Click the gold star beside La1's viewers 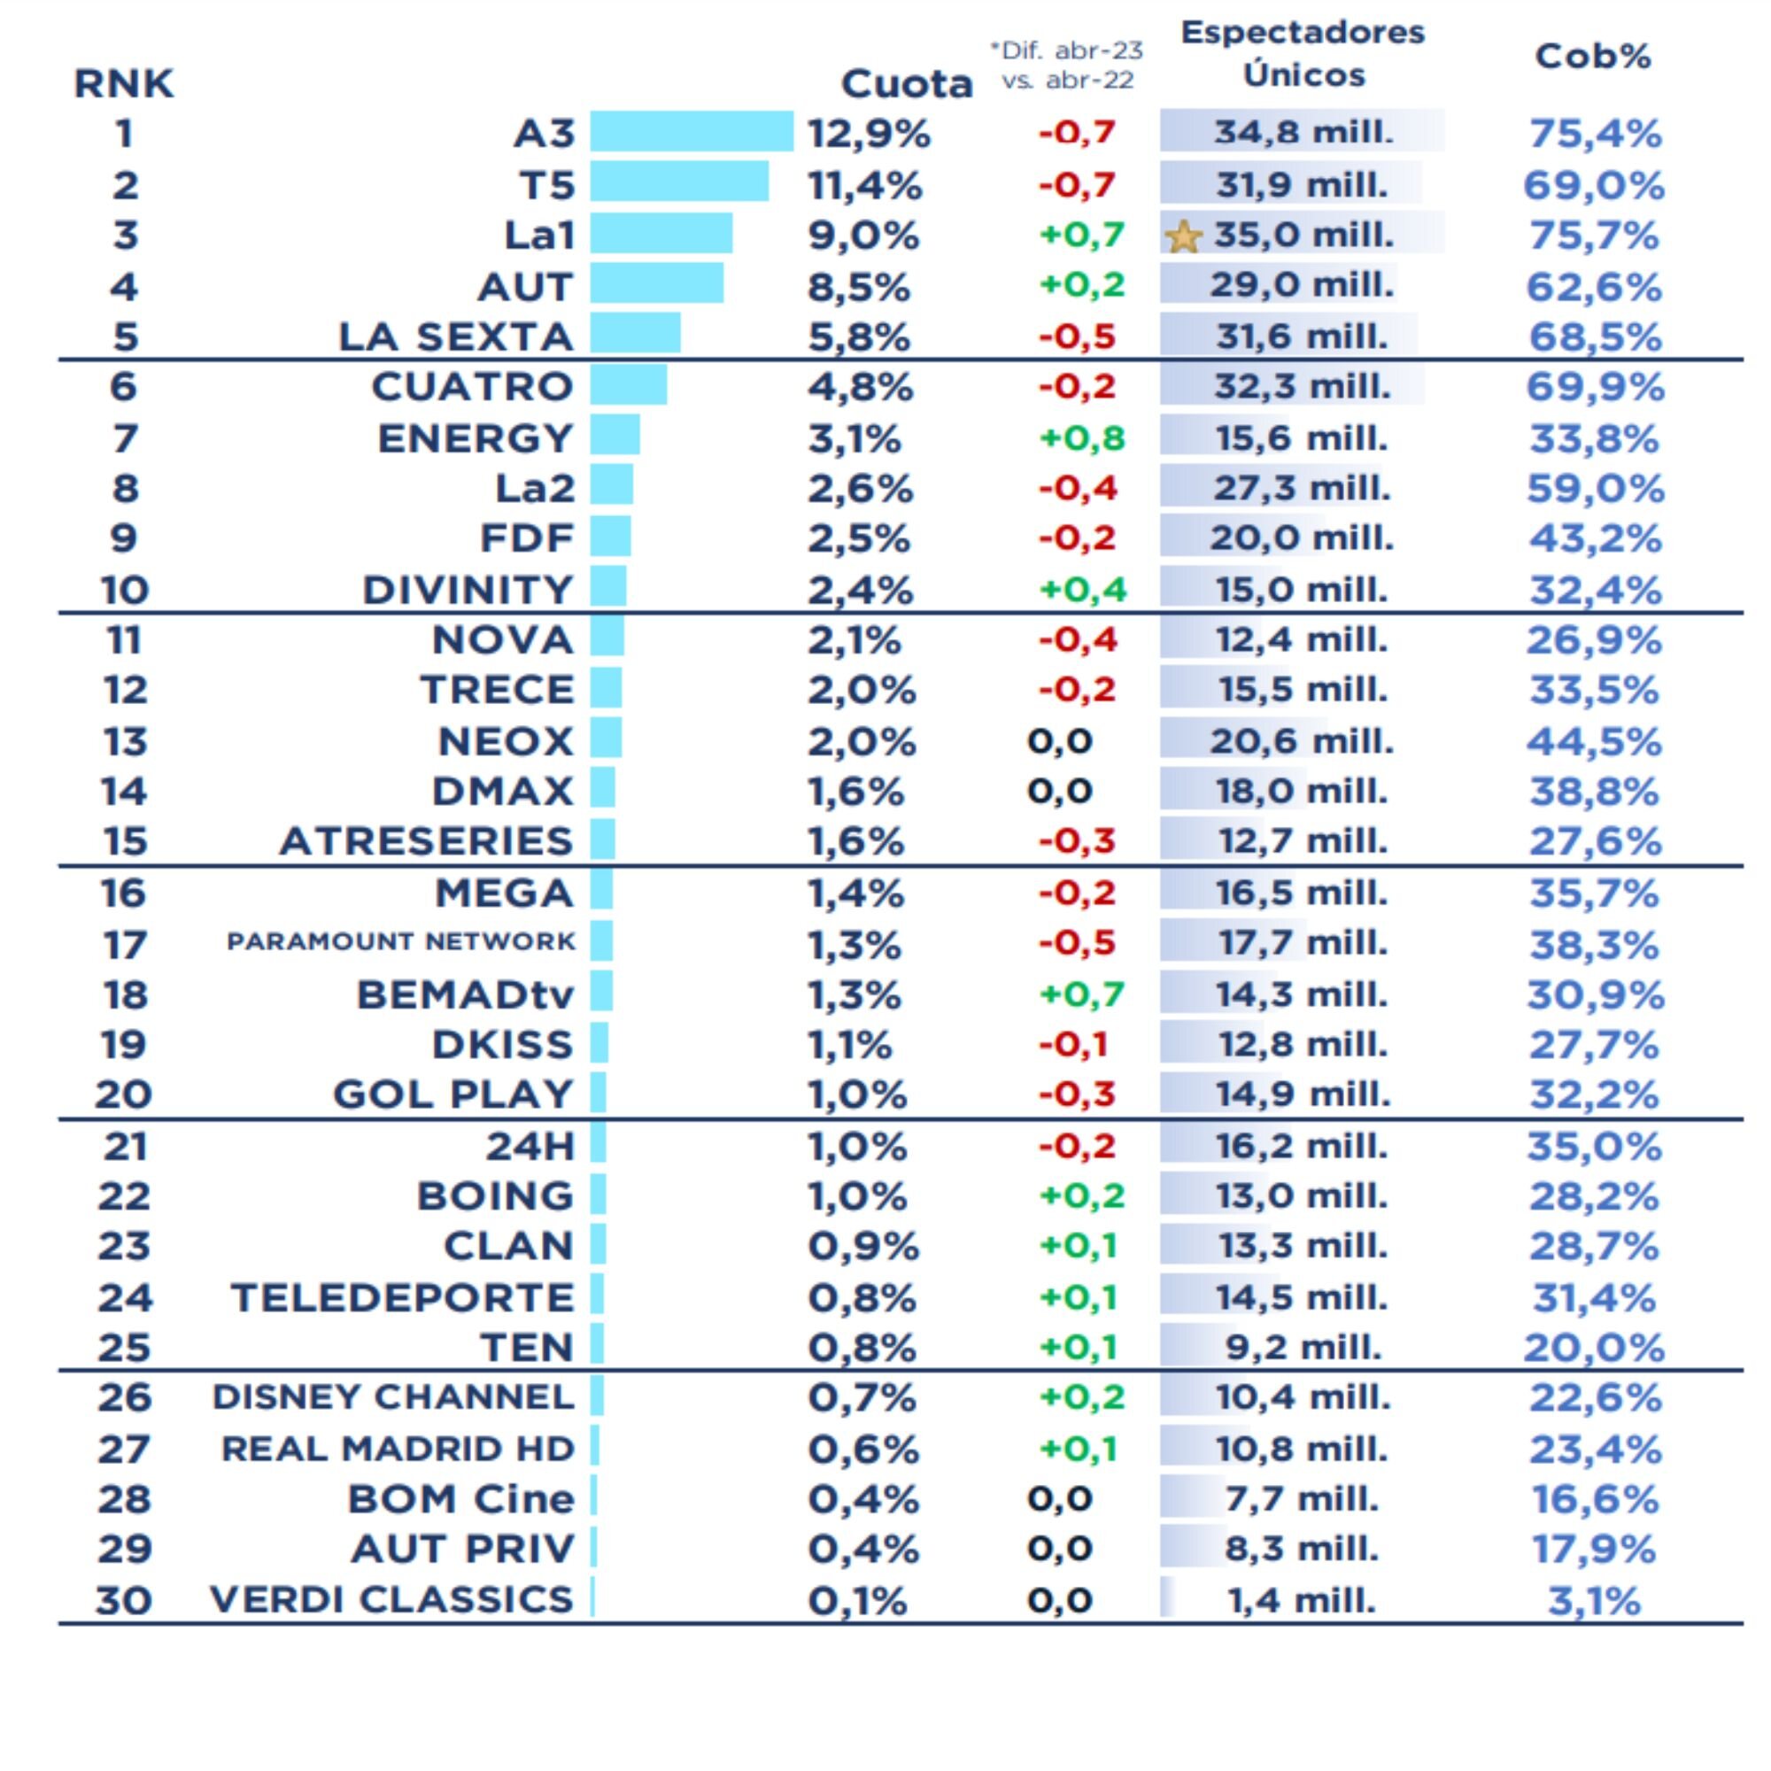click(1182, 236)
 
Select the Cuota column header click(906, 84)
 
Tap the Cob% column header click(1593, 57)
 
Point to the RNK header click(123, 84)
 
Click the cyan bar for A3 click(692, 131)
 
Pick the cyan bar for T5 click(678, 182)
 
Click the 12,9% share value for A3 click(868, 134)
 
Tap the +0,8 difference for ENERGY click(1082, 438)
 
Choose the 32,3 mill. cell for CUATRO click(1302, 387)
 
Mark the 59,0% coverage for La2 click(1594, 489)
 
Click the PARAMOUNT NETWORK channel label click(400, 941)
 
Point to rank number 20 click(124, 1094)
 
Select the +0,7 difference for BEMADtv click(1082, 994)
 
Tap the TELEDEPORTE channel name click(402, 1298)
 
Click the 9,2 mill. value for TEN click(1303, 1348)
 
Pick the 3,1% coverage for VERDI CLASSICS click(1594, 1601)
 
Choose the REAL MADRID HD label click(398, 1450)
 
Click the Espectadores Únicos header click(1303, 53)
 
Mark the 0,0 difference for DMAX click(1060, 790)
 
